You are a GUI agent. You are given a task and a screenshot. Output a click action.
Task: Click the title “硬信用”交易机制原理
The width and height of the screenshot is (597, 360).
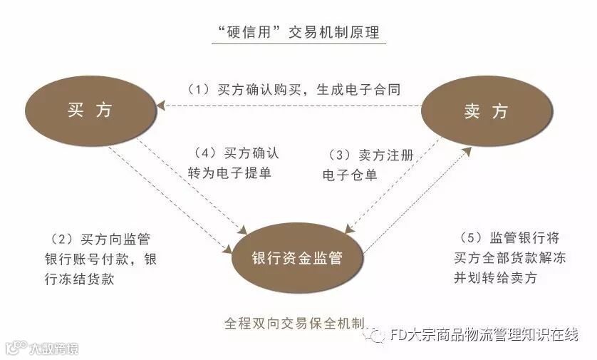pos(298,32)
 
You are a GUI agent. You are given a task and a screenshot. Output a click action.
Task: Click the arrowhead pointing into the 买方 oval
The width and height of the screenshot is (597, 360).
pos(162,106)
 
